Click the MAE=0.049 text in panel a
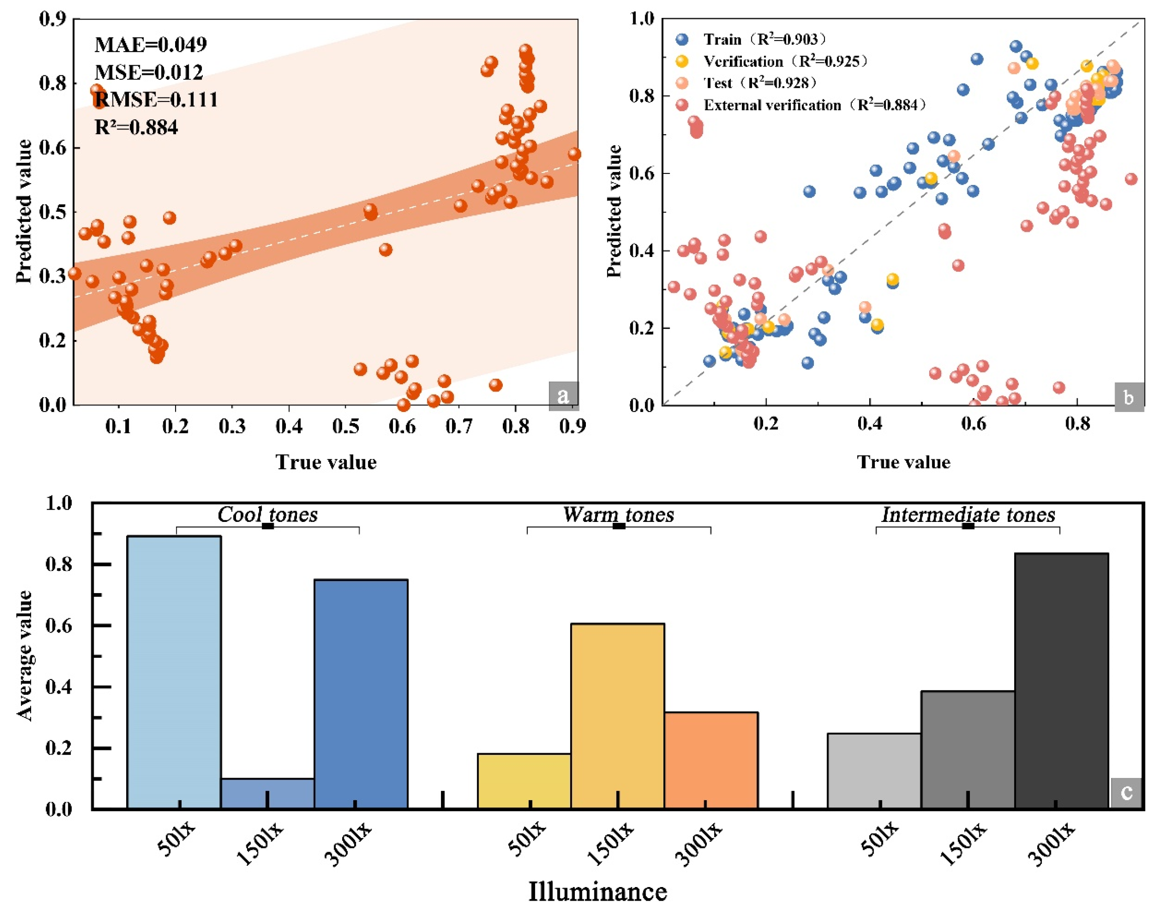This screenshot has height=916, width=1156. pyautogui.click(x=151, y=44)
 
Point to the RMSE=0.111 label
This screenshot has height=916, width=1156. pyautogui.click(x=156, y=100)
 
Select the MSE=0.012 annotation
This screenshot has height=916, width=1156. pyautogui.click(x=149, y=72)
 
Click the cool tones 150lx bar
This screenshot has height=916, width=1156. pyautogui.click(x=268, y=793)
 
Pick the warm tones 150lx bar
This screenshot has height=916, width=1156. pyautogui.click(x=618, y=715)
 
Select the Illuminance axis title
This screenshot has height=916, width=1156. pyautogui.click(x=598, y=892)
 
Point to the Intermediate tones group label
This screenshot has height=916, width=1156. pyautogui.click(x=969, y=515)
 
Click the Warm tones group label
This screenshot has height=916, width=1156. pyautogui.click(x=618, y=515)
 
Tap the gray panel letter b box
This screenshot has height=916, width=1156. pyautogui.click(x=1129, y=398)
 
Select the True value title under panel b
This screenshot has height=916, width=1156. pyautogui.click(x=903, y=462)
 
